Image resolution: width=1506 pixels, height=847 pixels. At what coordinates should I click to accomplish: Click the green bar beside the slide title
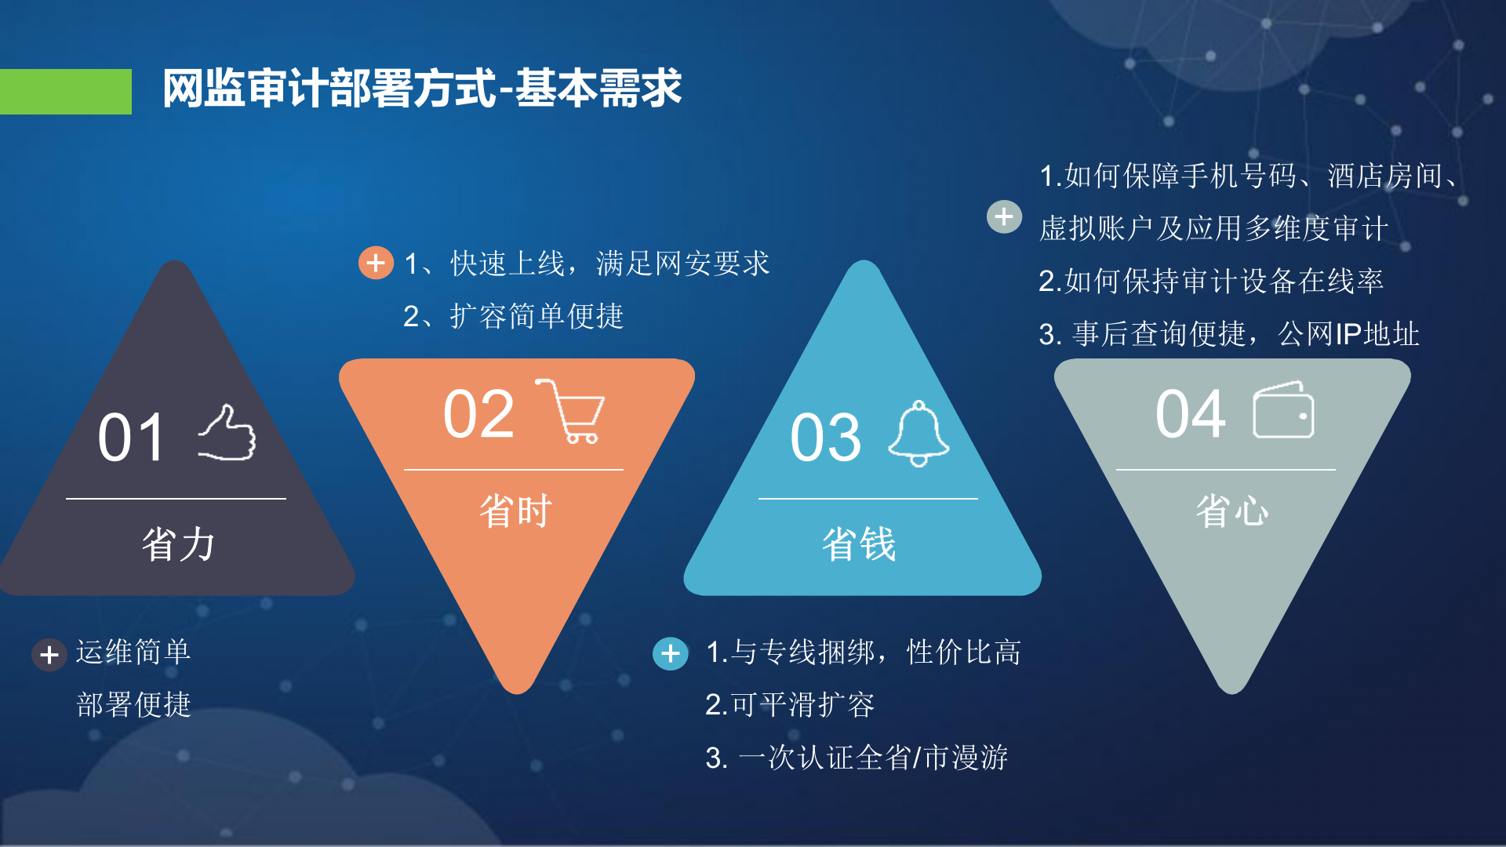pyautogui.click(x=66, y=91)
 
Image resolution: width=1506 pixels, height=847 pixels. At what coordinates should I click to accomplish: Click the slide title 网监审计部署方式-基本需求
pyautogui.click(x=422, y=88)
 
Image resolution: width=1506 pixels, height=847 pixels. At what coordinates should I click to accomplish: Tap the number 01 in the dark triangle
pyautogui.click(x=131, y=438)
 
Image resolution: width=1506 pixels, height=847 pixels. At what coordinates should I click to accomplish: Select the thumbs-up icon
pyautogui.click(x=227, y=433)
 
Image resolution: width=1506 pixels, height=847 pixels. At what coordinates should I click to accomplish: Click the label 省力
pyautogui.click(x=178, y=543)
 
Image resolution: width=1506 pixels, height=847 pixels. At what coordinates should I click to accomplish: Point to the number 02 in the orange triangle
pyautogui.click(x=478, y=414)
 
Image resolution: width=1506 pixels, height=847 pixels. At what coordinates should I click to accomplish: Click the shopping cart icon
pyautogui.click(x=572, y=411)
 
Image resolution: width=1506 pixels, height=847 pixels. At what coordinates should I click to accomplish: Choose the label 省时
pyautogui.click(x=515, y=511)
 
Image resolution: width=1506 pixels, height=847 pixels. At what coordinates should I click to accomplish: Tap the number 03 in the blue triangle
pyautogui.click(x=825, y=438)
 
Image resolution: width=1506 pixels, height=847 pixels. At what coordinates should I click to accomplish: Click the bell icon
pyautogui.click(x=919, y=433)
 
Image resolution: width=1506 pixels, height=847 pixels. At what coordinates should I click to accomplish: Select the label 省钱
pyautogui.click(x=859, y=543)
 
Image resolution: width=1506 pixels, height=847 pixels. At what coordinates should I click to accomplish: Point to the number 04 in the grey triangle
pyautogui.click(x=1190, y=414)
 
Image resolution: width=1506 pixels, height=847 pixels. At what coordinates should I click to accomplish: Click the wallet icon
pyautogui.click(x=1283, y=410)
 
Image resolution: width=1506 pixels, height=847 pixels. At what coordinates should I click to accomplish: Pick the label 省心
pyautogui.click(x=1231, y=511)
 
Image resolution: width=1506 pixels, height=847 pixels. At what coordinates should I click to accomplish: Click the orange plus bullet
pyautogui.click(x=376, y=263)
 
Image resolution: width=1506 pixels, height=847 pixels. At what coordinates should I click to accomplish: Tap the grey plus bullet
pyautogui.click(x=1004, y=216)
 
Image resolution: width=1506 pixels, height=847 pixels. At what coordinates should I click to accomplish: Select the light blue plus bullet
pyautogui.click(x=671, y=653)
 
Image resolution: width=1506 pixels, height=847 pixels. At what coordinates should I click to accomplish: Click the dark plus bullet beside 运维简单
pyautogui.click(x=49, y=654)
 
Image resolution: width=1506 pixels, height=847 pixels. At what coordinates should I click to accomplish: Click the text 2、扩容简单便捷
pyautogui.click(x=513, y=316)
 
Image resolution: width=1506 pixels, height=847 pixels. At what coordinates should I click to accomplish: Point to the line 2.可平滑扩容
pyautogui.click(x=789, y=704)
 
